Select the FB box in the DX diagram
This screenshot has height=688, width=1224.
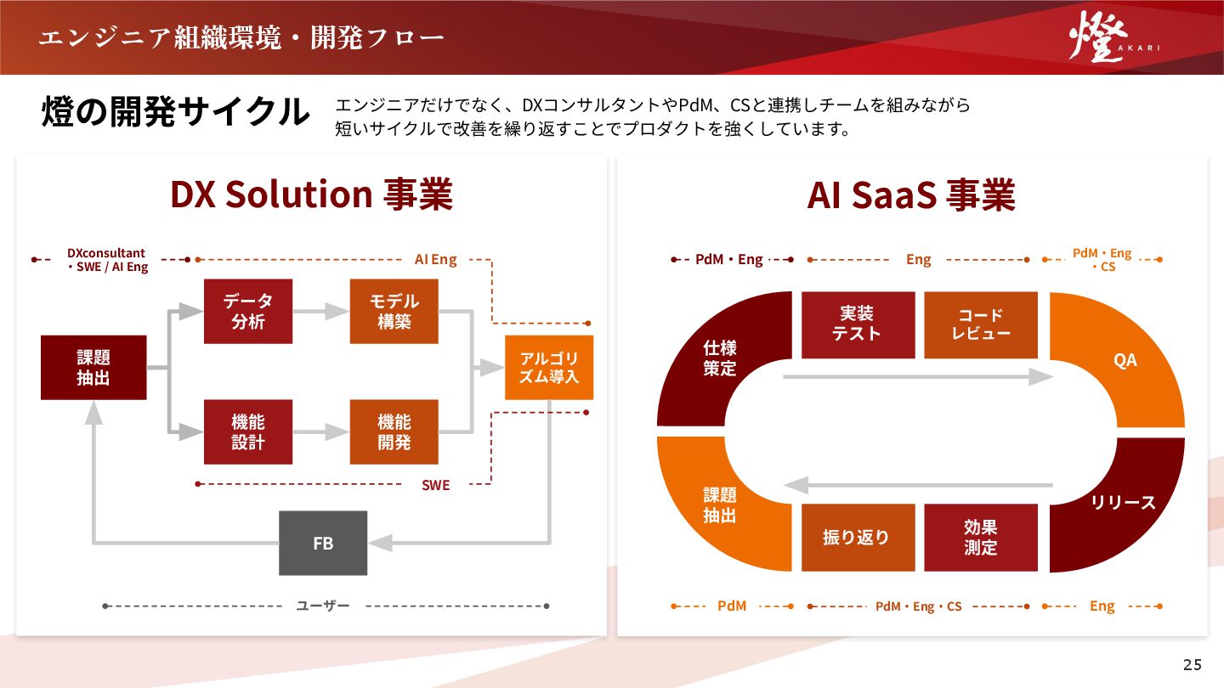pos(323,543)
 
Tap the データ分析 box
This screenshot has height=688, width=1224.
pos(248,312)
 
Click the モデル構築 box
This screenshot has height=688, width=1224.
pos(394,312)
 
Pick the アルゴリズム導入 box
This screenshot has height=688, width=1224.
pos(549,367)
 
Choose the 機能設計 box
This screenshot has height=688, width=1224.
pos(248,432)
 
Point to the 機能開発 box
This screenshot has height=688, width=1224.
pos(394,432)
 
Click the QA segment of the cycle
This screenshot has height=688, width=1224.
pos(1125,360)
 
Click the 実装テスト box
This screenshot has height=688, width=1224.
pos(858,324)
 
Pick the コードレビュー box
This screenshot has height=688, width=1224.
pos(981,324)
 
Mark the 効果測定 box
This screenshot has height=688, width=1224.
pos(981,537)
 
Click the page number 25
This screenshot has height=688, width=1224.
pos(1193,663)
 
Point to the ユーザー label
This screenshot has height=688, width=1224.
pos(323,606)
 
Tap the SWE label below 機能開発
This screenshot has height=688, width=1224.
pos(436,485)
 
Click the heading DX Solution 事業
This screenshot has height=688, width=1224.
pos(311,195)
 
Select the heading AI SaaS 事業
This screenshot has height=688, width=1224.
pos(911,195)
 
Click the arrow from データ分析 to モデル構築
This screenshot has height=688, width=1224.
pos(321,312)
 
